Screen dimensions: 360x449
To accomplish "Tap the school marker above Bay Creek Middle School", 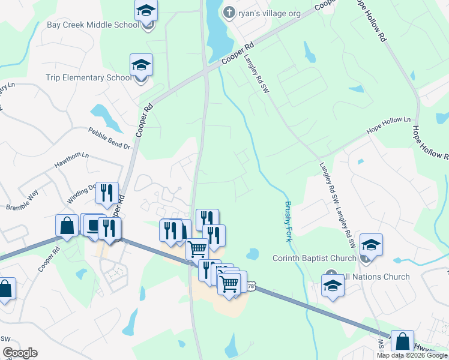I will (x=145, y=12).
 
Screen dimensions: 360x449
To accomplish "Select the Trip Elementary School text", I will (x=88, y=77).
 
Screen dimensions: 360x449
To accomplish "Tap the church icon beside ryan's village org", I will (x=229, y=12).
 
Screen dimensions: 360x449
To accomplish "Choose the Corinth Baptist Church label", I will (x=315, y=259).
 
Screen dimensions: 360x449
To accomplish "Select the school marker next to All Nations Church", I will (x=332, y=285).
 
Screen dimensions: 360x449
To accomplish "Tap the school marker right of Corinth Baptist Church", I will (x=371, y=245).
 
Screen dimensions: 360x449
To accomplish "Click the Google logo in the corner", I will (x=20, y=353).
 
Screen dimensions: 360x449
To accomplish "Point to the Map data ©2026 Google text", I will (x=412, y=355).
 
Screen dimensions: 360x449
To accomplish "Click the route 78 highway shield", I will (x=250, y=287).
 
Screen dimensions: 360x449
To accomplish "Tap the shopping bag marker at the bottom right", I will (x=402, y=341).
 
